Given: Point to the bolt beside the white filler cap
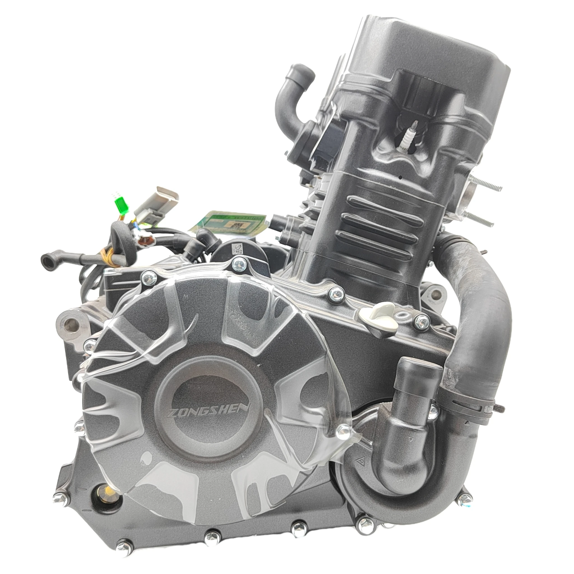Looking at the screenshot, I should [x=420, y=321].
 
